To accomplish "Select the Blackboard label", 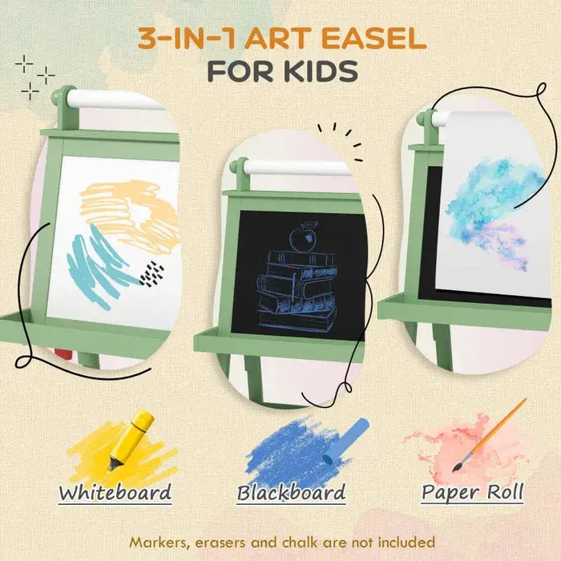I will [291, 492].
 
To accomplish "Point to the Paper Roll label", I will [473, 492].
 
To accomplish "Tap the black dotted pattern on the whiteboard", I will [151, 273].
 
